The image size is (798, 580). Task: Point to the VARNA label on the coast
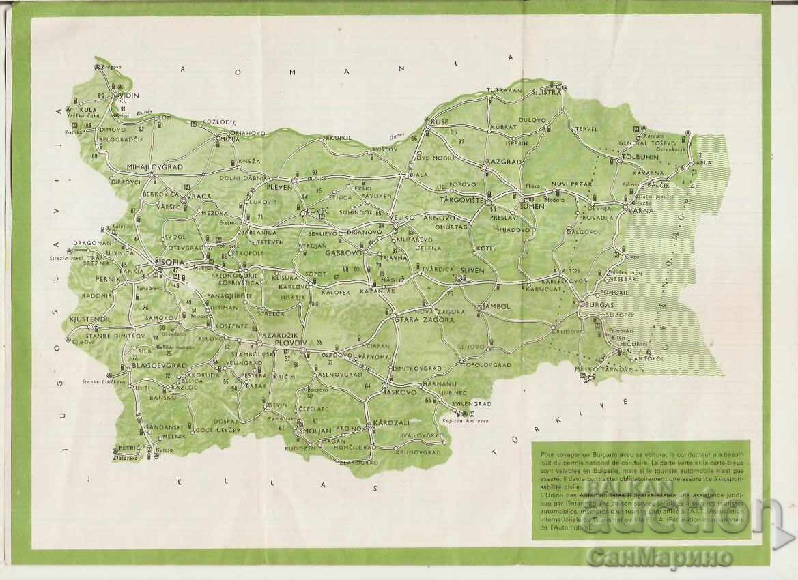[x=642, y=211]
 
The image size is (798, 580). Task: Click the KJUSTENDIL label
[x=90, y=319]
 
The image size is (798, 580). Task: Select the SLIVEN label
[x=471, y=270]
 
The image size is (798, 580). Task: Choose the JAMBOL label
[x=496, y=306]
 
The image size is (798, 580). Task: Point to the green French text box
[x=640, y=489]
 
